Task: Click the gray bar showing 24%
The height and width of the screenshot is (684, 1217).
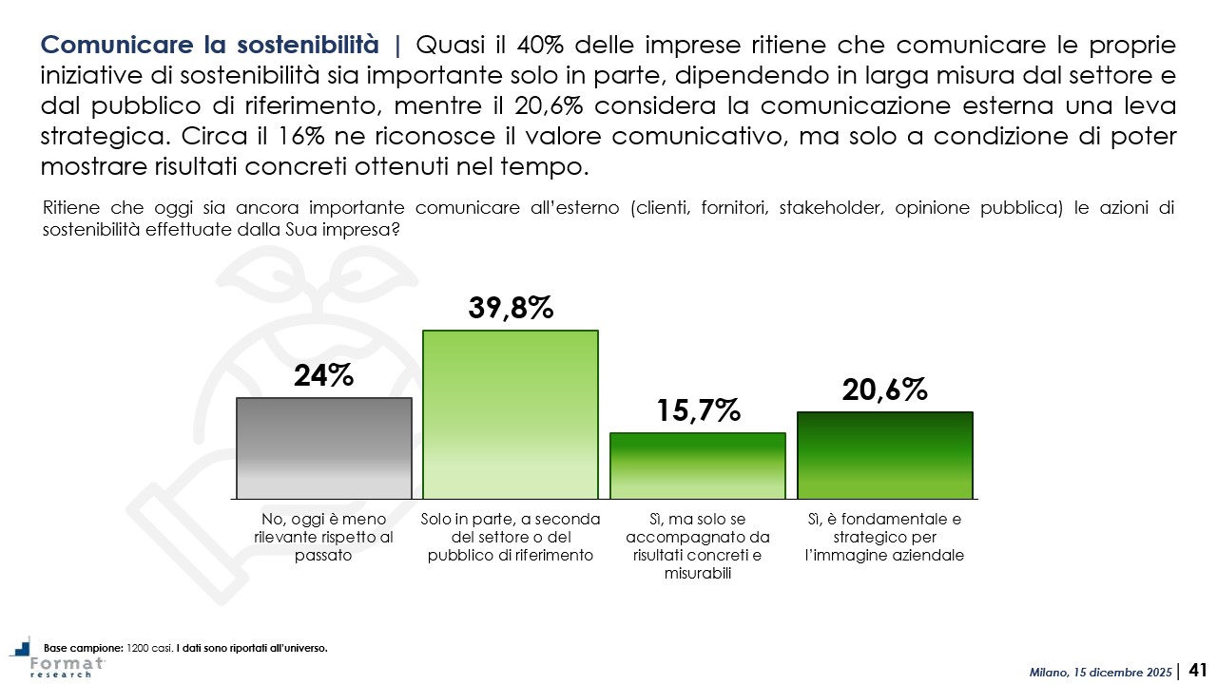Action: (323, 447)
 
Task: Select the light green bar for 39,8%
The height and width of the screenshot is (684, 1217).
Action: (510, 414)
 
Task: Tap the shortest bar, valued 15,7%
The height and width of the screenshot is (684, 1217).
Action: (697, 465)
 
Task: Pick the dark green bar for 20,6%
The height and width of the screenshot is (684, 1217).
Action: (884, 455)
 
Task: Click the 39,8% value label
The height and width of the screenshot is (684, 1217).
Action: (511, 308)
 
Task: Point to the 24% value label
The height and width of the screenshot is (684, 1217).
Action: (323, 376)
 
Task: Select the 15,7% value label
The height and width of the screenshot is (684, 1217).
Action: (697, 410)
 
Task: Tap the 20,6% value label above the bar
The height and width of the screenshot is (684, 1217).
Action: (884, 389)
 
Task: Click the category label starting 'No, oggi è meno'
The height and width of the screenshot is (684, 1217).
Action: (323, 538)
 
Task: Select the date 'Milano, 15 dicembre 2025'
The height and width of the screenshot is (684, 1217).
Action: (1101, 673)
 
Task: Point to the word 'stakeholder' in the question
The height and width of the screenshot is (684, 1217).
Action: (821, 209)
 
